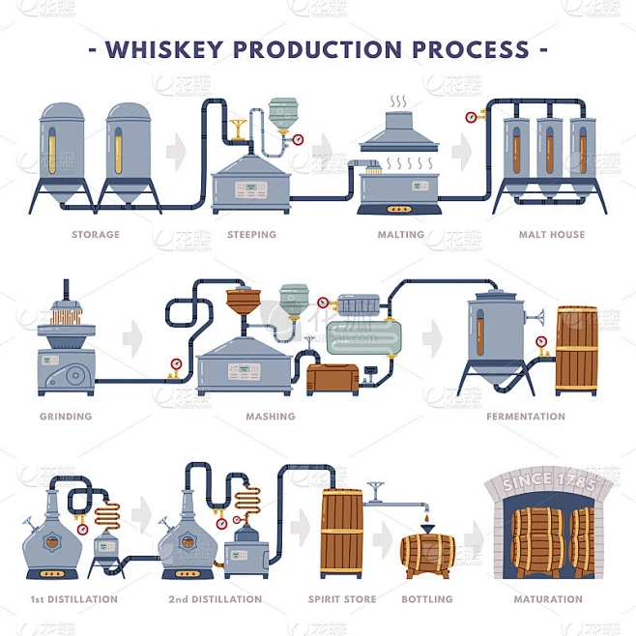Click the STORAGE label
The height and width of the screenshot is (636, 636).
tap(96, 235)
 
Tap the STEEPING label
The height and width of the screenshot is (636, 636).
tap(251, 235)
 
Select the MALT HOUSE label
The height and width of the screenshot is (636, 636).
tap(551, 235)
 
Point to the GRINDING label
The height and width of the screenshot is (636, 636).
tap(66, 417)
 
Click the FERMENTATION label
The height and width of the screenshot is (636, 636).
tap(527, 417)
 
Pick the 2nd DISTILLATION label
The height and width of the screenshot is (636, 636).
tap(215, 599)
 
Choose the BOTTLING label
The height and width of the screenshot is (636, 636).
tap(426, 599)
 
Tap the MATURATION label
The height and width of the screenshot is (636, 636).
tap(548, 599)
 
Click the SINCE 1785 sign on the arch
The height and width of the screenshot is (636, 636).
tap(548, 480)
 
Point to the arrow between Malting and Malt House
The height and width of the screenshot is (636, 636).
tap(463, 152)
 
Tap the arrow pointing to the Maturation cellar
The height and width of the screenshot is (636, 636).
tap(474, 538)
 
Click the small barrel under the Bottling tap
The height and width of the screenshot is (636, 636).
tap(425, 556)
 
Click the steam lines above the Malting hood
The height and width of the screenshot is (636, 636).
tap(398, 101)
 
